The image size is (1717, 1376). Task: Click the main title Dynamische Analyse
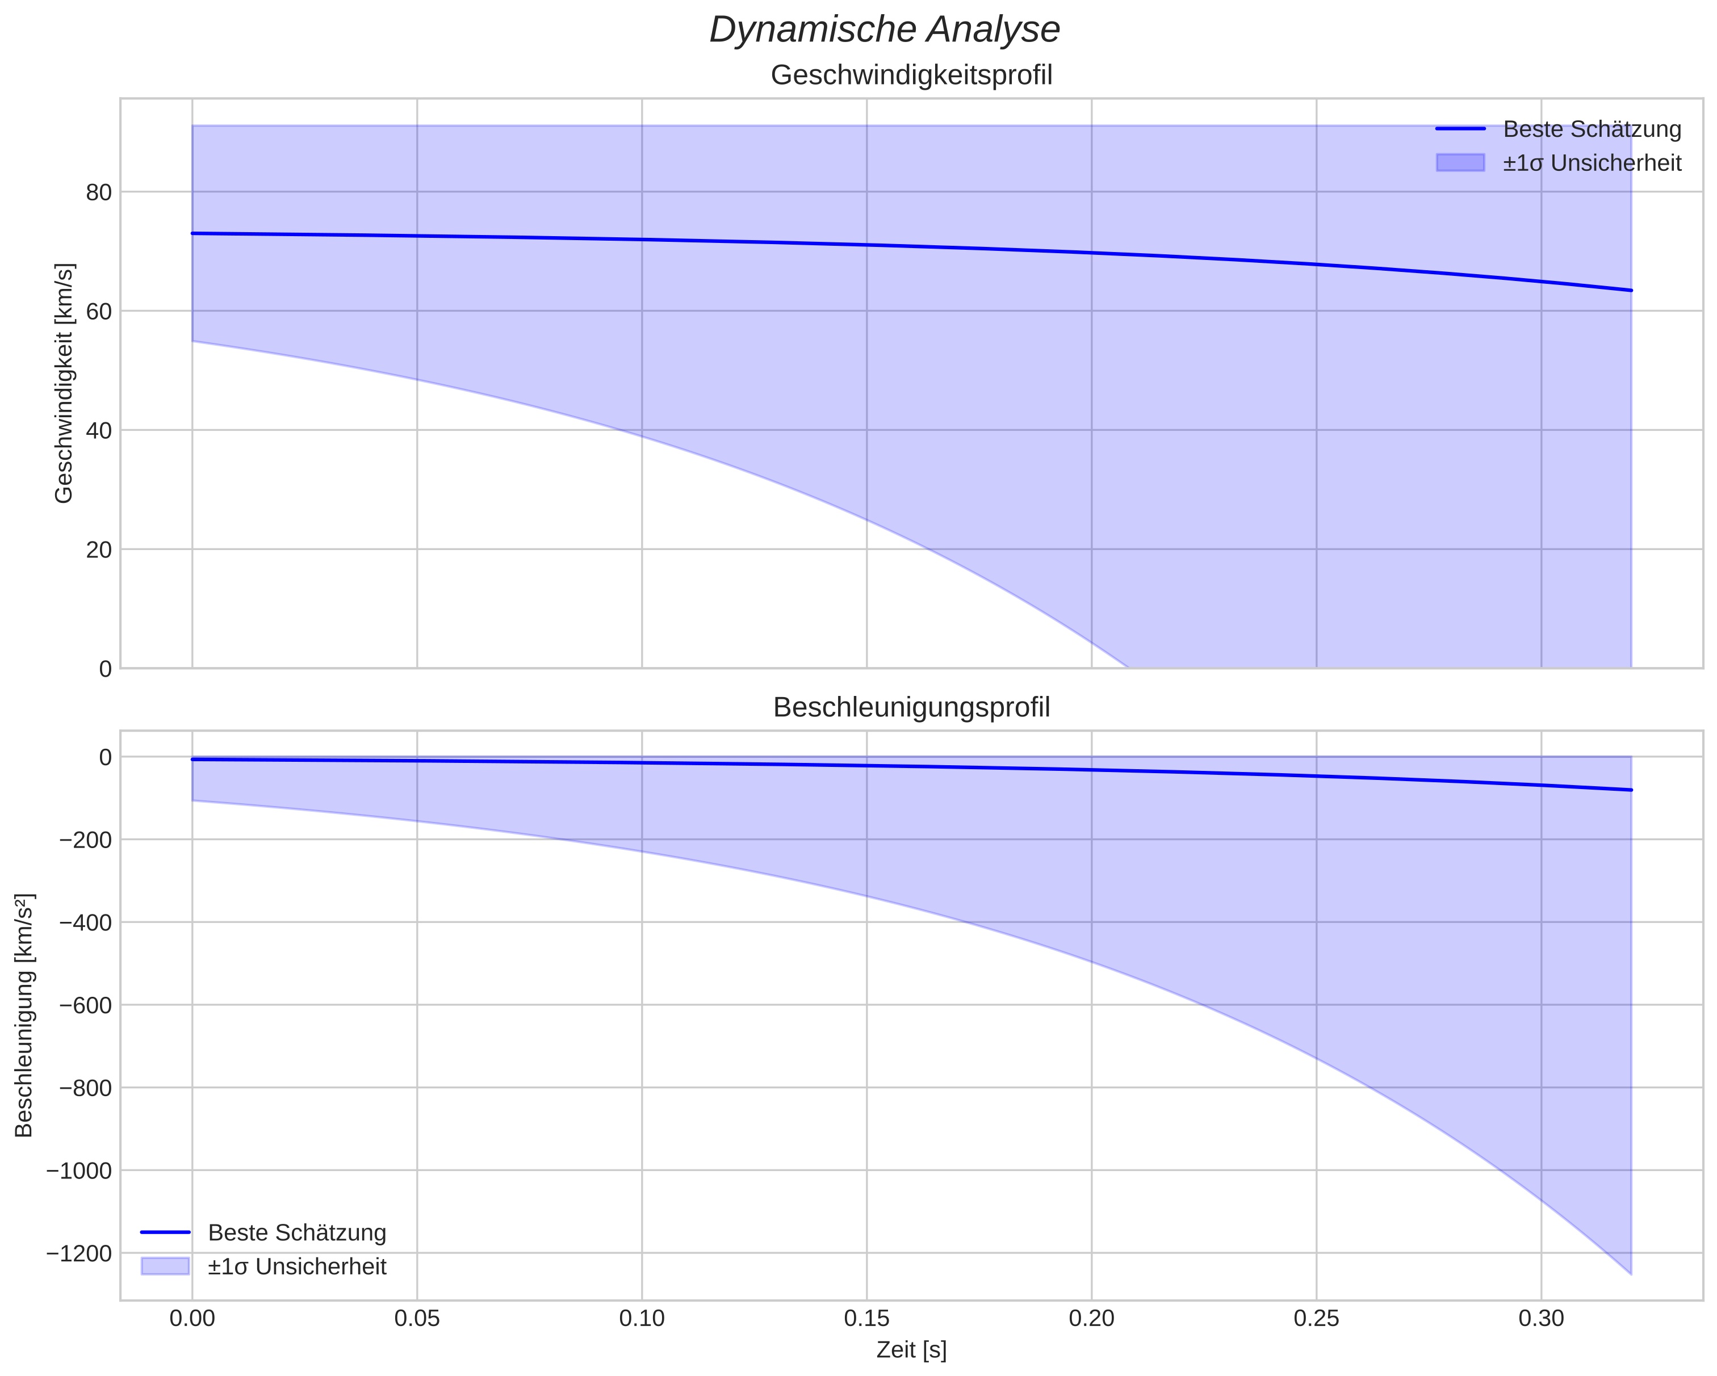[x=884, y=30]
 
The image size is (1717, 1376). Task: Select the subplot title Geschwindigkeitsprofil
[x=911, y=75]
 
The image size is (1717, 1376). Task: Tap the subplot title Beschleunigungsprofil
[x=911, y=708]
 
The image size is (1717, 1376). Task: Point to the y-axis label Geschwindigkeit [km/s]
[x=64, y=383]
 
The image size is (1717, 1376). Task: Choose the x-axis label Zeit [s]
[x=911, y=1350]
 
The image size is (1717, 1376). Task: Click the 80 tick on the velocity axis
[x=99, y=192]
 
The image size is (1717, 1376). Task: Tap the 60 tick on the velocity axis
[x=99, y=311]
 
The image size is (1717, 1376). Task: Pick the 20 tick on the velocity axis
[x=99, y=550]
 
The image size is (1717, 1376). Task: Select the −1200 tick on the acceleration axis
[x=79, y=1253]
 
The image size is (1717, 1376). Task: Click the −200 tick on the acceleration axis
[x=85, y=840]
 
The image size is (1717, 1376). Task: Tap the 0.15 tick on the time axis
[x=866, y=1319]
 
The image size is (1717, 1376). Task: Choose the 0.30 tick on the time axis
[x=1541, y=1319]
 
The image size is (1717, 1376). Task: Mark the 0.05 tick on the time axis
[x=417, y=1319]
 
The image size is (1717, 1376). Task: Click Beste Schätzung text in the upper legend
[x=1591, y=129]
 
